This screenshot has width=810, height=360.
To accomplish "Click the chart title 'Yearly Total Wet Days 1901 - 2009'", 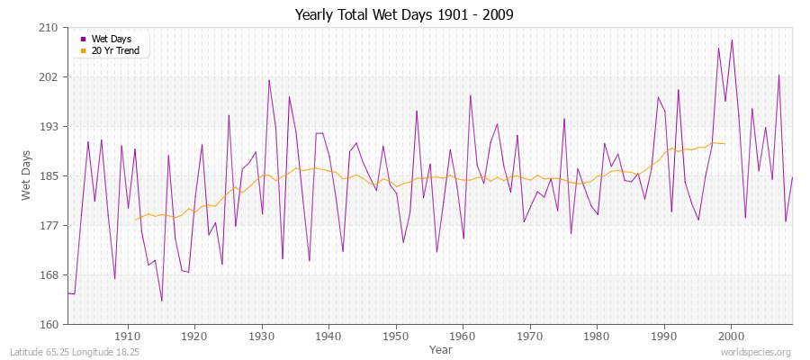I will [404, 15].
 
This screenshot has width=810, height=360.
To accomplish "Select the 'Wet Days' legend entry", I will [111, 40].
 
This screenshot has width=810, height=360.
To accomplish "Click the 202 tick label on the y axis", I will [49, 77].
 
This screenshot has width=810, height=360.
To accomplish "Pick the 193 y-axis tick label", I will [49, 127].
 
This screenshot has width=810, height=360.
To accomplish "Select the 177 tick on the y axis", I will [49, 225].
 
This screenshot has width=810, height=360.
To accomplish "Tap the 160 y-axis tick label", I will [49, 324].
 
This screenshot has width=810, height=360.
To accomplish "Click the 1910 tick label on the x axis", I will [127, 336].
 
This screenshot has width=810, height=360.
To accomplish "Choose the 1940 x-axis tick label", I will [328, 336].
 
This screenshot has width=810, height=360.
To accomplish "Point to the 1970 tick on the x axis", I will [530, 336].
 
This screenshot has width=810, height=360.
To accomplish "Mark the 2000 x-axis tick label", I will [731, 336].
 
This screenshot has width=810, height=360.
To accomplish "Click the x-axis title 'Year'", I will [441, 348].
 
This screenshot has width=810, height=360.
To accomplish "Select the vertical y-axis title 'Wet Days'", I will [26, 176].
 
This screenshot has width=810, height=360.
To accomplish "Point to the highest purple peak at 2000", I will [732, 40].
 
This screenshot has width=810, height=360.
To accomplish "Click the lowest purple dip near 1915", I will [161, 301].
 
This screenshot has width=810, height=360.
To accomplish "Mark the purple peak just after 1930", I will [269, 80].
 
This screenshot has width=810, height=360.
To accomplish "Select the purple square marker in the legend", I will [84, 40].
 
